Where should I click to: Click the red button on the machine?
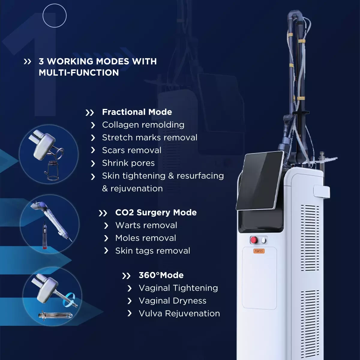(254, 240)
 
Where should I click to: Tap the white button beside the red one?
(264, 240)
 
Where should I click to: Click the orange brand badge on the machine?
(259, 251)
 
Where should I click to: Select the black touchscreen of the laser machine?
(260, 180)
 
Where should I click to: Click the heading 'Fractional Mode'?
(137, 112)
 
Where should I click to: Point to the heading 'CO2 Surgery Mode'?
(156, 213)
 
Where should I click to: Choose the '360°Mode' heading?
(161, 275)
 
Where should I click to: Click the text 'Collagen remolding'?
(143, 125)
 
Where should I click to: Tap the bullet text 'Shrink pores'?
(128, 163)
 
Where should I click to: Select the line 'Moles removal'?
(145, 238)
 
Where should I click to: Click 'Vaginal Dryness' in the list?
(172, 301)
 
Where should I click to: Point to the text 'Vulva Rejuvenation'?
(179, 313)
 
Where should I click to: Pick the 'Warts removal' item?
(146, 225)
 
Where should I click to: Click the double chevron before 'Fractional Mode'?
(89, 113)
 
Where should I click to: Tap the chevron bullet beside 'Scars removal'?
(93, 150)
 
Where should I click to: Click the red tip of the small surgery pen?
(45, 248)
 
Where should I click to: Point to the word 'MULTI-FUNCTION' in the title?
(79, 73)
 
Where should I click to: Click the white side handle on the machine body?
(322, 191)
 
